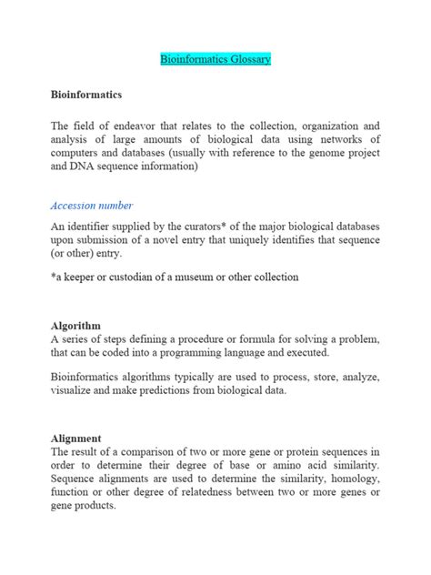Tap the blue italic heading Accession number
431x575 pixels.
pyautogui.click(x=92, y=205)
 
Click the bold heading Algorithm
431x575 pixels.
pyautogui.click(x=75, y=325)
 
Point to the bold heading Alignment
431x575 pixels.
pyautogui.click(x=75, y=437)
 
